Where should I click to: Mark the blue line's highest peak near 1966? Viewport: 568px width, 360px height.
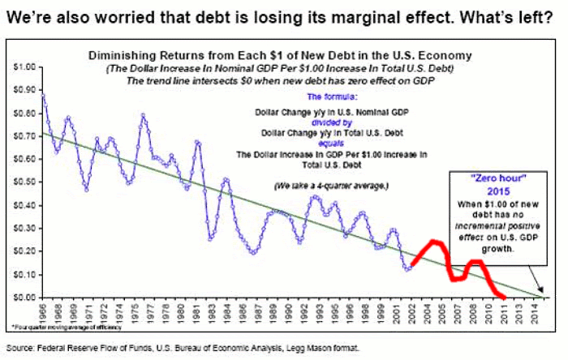[41, 96]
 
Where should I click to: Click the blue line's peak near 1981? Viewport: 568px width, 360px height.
[197, 142]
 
